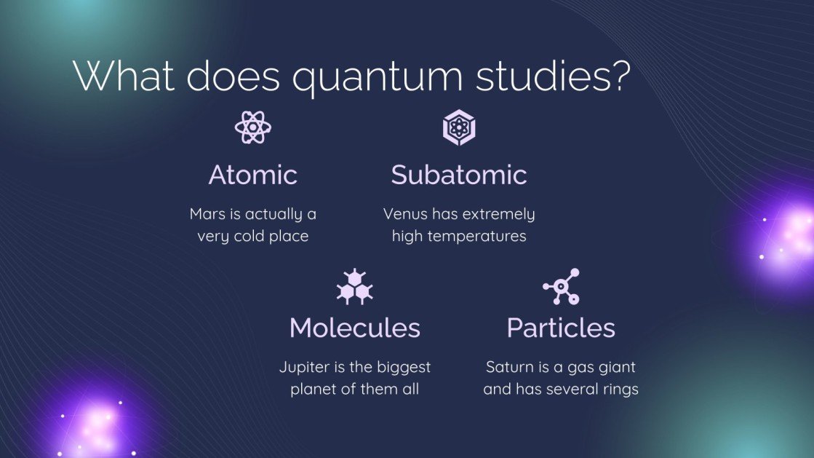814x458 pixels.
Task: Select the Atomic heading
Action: (x=252, y=175)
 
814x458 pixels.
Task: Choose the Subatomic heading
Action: (x=458, y=175)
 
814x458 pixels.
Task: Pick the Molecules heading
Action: (x=354, y=328)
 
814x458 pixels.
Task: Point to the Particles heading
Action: (x=561, y=328)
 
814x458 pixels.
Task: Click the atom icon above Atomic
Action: (x=252, y=127)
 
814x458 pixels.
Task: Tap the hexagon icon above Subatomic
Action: (x=458, y=127)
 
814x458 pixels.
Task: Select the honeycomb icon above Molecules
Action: (x=354, y=285)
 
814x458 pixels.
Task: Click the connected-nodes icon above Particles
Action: (x=561, y=285)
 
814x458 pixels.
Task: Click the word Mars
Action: (x=207, y=214)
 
